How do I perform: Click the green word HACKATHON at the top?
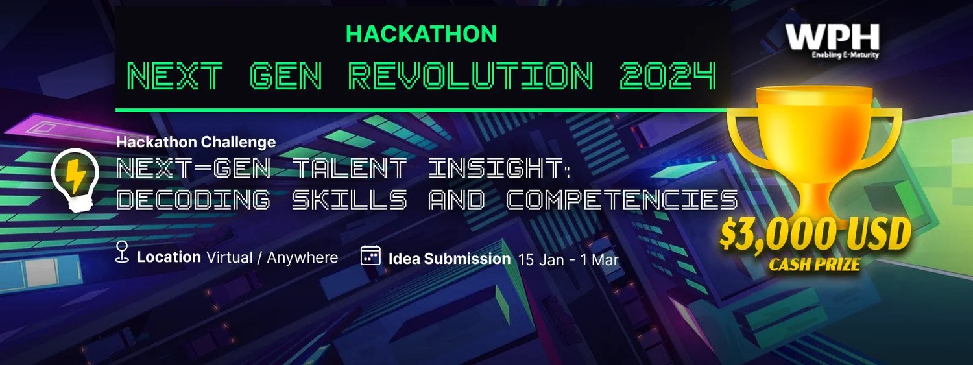(422, 34)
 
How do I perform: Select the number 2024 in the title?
(667, 77)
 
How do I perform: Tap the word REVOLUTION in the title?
(471, 77)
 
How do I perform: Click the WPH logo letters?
(832, 38)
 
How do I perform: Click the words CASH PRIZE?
(814, 265)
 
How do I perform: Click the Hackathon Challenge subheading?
(196, 142)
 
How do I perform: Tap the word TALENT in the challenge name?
(350, 170)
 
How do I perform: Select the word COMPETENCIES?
(622, 200)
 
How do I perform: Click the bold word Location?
(169, 257)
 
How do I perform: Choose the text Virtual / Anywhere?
(272, 257)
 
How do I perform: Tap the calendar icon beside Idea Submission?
(370, 255)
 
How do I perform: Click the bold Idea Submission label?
(450, 259)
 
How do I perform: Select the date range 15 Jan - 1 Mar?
(568, 260)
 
